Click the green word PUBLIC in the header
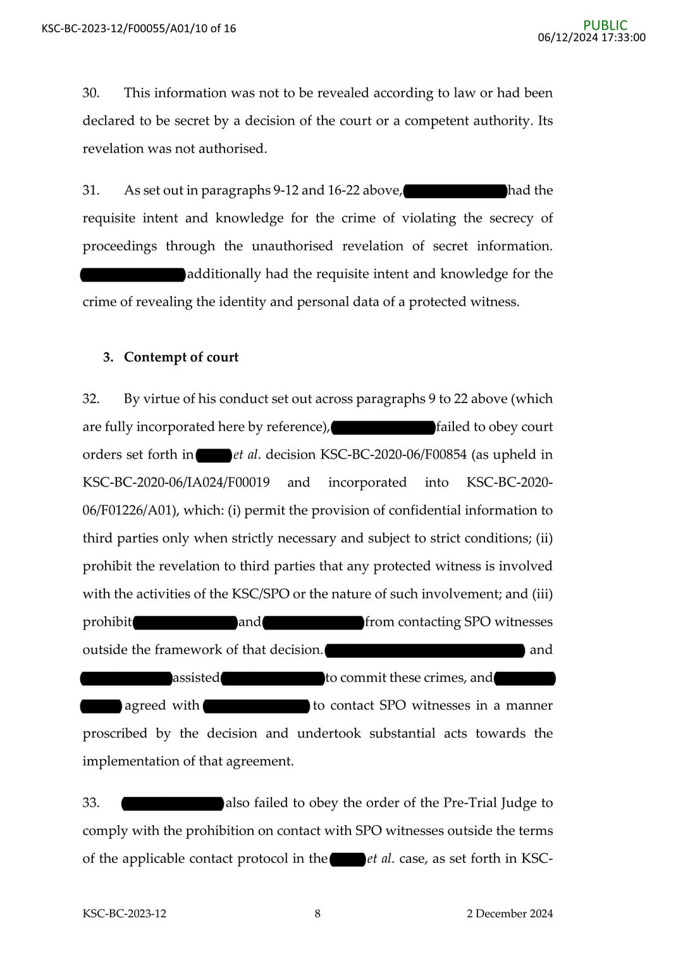point(605,25)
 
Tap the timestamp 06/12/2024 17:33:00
point(591,37)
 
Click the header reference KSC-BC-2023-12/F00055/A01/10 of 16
point(138,28)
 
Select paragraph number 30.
point(90,93)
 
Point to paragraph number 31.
point(90,190)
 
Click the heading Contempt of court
point(181,357)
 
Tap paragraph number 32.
point(90,399)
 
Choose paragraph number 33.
point(90,803)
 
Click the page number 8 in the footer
point(317,913)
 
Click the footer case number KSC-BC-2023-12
point(124,913)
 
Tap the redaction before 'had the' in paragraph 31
point(455,190)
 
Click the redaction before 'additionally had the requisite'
point(133,275)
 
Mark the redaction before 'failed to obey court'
point(383,428)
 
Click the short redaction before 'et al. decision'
point(214,455)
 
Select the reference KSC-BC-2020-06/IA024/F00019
point(176,483)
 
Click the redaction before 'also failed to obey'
point(172,803)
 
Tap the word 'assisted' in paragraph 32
point(196,678)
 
